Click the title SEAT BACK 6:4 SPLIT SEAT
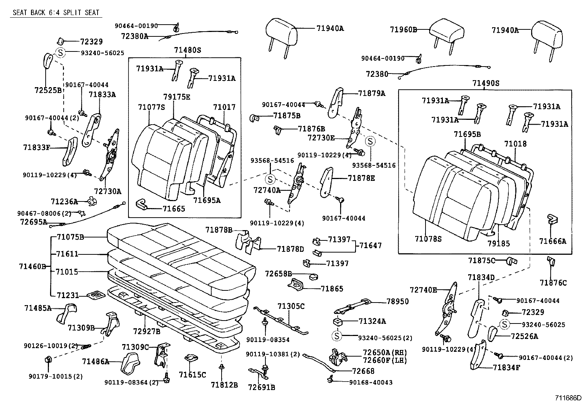tap(56, 12)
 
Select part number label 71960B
tap(403, 29)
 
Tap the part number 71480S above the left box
tap(188, 50)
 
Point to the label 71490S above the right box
tap(486, 83)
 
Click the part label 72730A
tap(107, 191)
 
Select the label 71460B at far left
tap(32, 266)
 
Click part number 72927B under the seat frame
tap(147, 331)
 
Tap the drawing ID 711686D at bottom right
tap(568, 398)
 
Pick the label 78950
tap(398, 301)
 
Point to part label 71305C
tap(291, 306)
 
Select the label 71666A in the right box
tap(553, 241)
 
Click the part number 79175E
tap(177, 97)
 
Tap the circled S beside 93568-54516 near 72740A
tap(270, 179)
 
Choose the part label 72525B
tap(48, 90)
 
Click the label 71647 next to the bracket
tap(371, 245)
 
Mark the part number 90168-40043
tap(371, 382)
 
